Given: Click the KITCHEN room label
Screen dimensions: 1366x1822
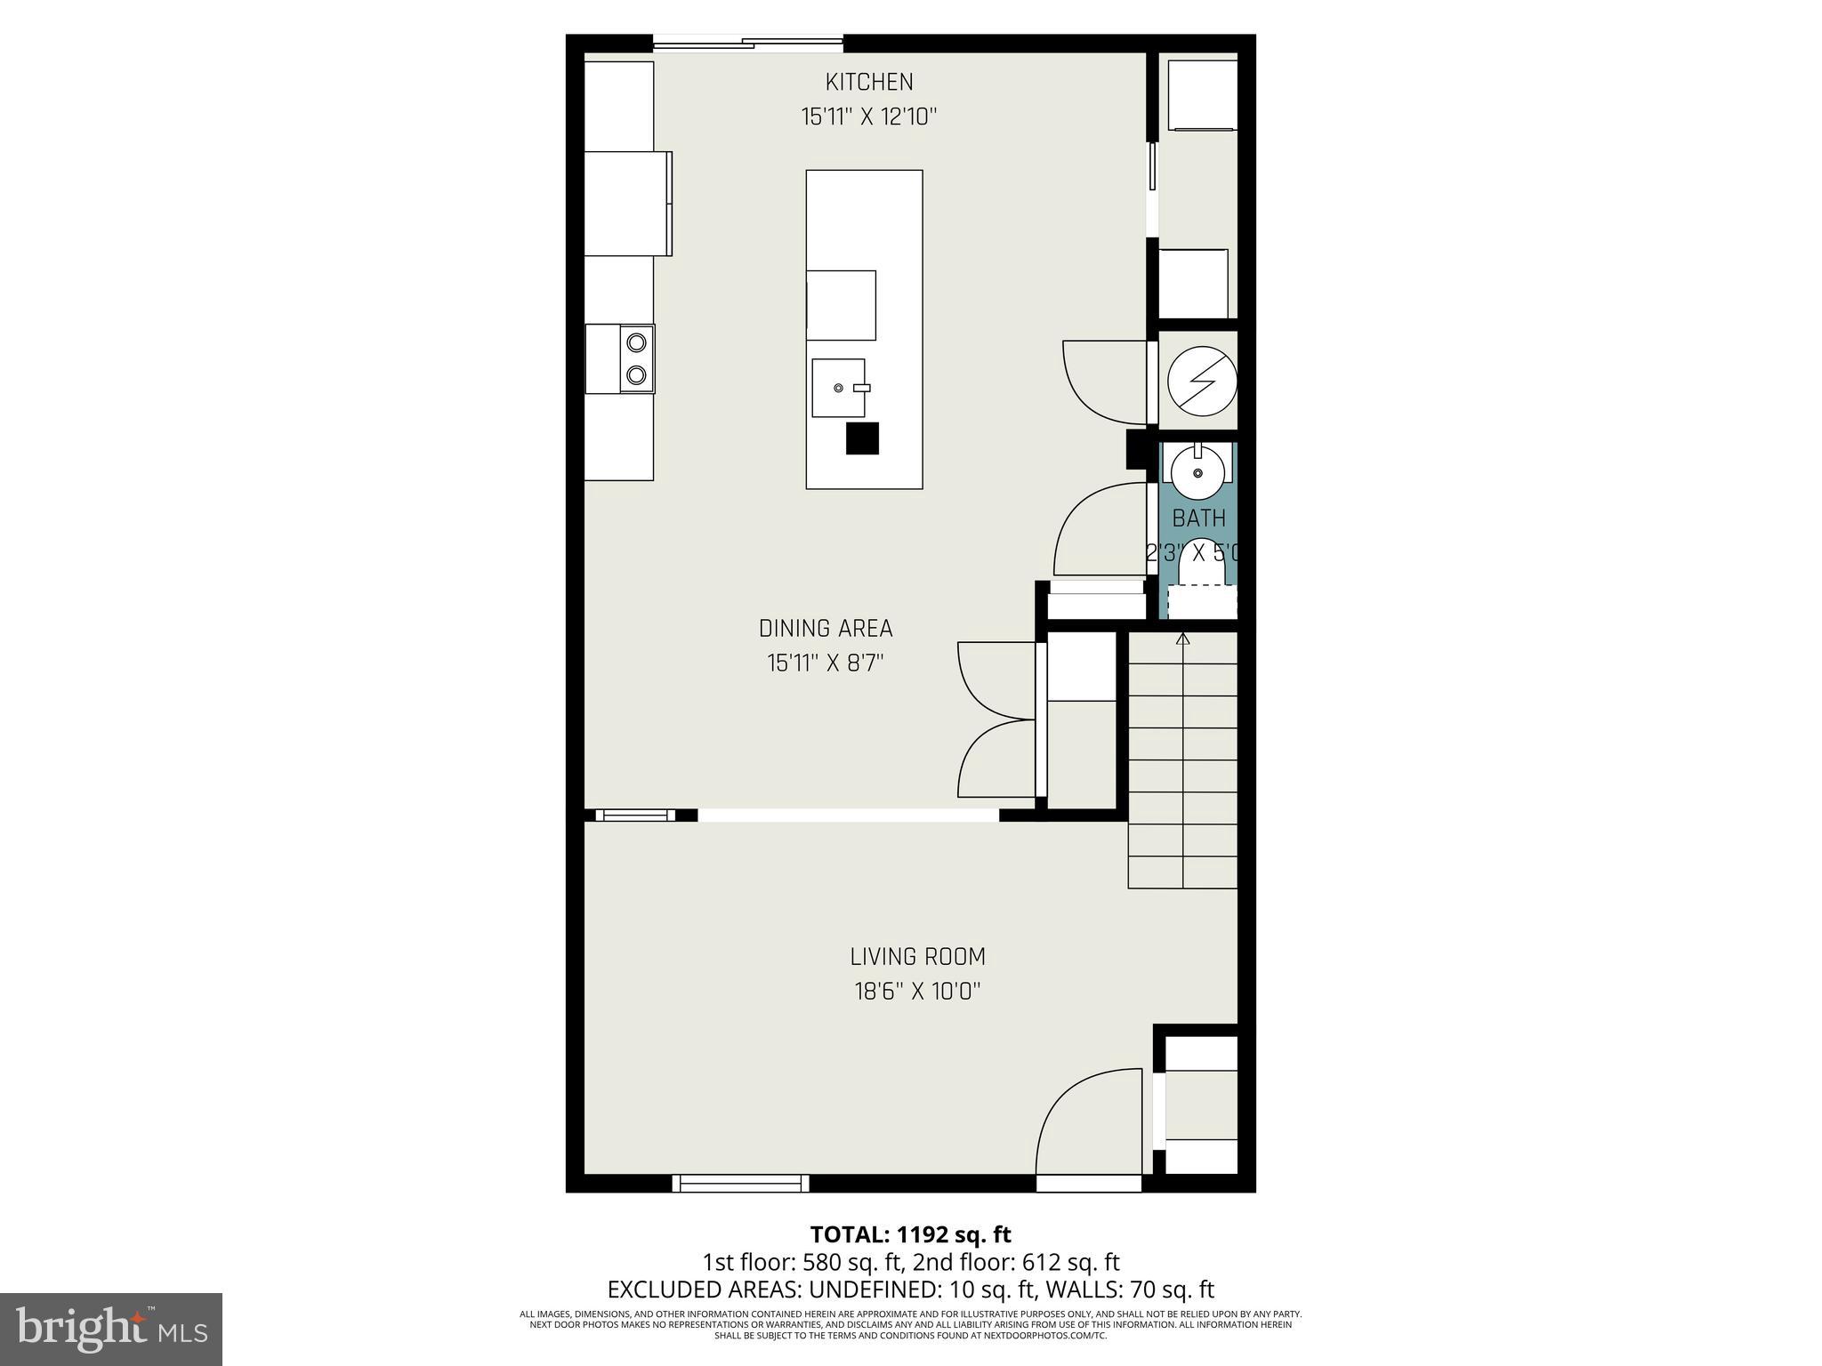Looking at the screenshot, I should (869, 82).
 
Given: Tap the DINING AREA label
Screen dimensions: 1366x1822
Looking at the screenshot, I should (825, 629).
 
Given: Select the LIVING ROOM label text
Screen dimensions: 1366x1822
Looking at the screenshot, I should (917, 957).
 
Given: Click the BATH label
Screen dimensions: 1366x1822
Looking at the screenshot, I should (1198, 518).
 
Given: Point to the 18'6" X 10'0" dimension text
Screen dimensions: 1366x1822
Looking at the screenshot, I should (917, 992).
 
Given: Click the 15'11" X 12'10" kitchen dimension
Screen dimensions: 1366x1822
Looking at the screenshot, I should (869, 117).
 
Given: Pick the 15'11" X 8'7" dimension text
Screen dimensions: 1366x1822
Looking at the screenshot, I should (825, 663).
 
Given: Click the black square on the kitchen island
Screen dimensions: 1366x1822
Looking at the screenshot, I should (862, 438).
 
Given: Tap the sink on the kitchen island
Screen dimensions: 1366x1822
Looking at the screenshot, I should (838, 388).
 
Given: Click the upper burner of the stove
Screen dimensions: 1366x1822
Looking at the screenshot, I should (636, 341).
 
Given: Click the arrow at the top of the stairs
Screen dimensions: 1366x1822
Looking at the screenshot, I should (1182, 638).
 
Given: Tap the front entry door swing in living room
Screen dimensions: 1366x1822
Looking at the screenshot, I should (1087, 1122).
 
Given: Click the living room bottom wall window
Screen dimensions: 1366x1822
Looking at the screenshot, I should (740, 1183).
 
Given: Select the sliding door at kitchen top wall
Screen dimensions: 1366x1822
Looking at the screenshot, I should (748, 42).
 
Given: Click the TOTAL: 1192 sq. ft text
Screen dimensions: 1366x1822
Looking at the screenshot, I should (910, 1234).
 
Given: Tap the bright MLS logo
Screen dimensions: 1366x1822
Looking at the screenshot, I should (111, 1328).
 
